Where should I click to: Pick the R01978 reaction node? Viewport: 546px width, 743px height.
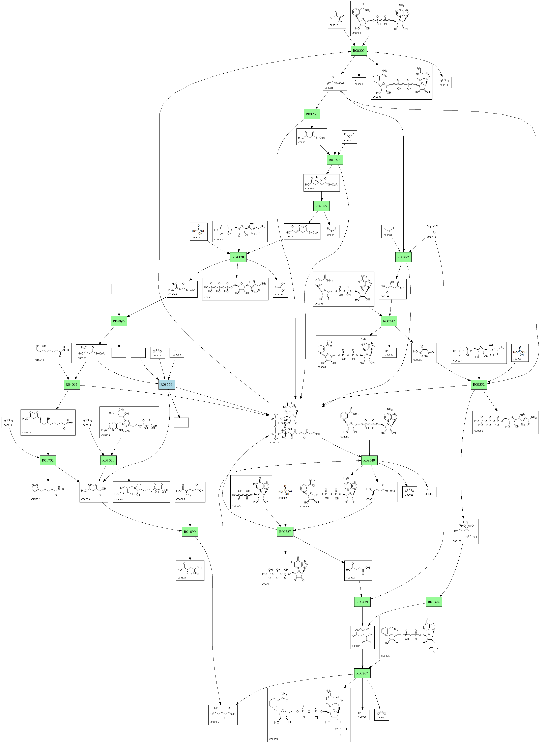tap(334, 160)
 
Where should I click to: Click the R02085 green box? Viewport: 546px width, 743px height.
tap(321, 206)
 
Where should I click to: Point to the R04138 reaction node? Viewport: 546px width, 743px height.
tap(238, 257)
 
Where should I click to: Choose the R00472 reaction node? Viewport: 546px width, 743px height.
tap(403, 257)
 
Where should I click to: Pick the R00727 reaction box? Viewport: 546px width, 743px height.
tap(285, 532)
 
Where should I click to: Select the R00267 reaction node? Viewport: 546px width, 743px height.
tap(362, 673)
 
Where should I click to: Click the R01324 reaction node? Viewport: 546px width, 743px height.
tap(434, 602)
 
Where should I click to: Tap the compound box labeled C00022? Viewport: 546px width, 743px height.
tap(337, 19)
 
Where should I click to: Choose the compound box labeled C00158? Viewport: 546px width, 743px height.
tap(465, 532)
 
